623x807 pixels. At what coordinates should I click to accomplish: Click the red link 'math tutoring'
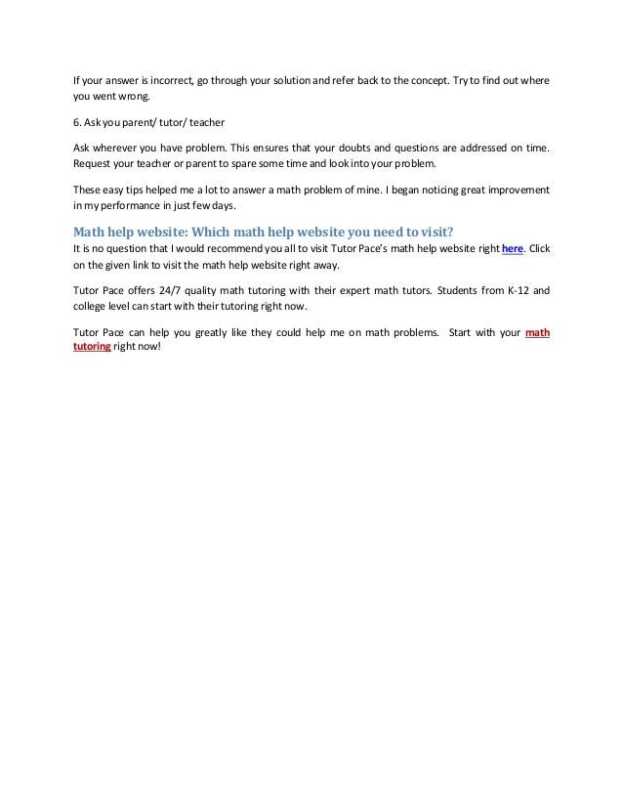537,332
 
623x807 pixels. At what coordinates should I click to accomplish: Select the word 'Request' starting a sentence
93,163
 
